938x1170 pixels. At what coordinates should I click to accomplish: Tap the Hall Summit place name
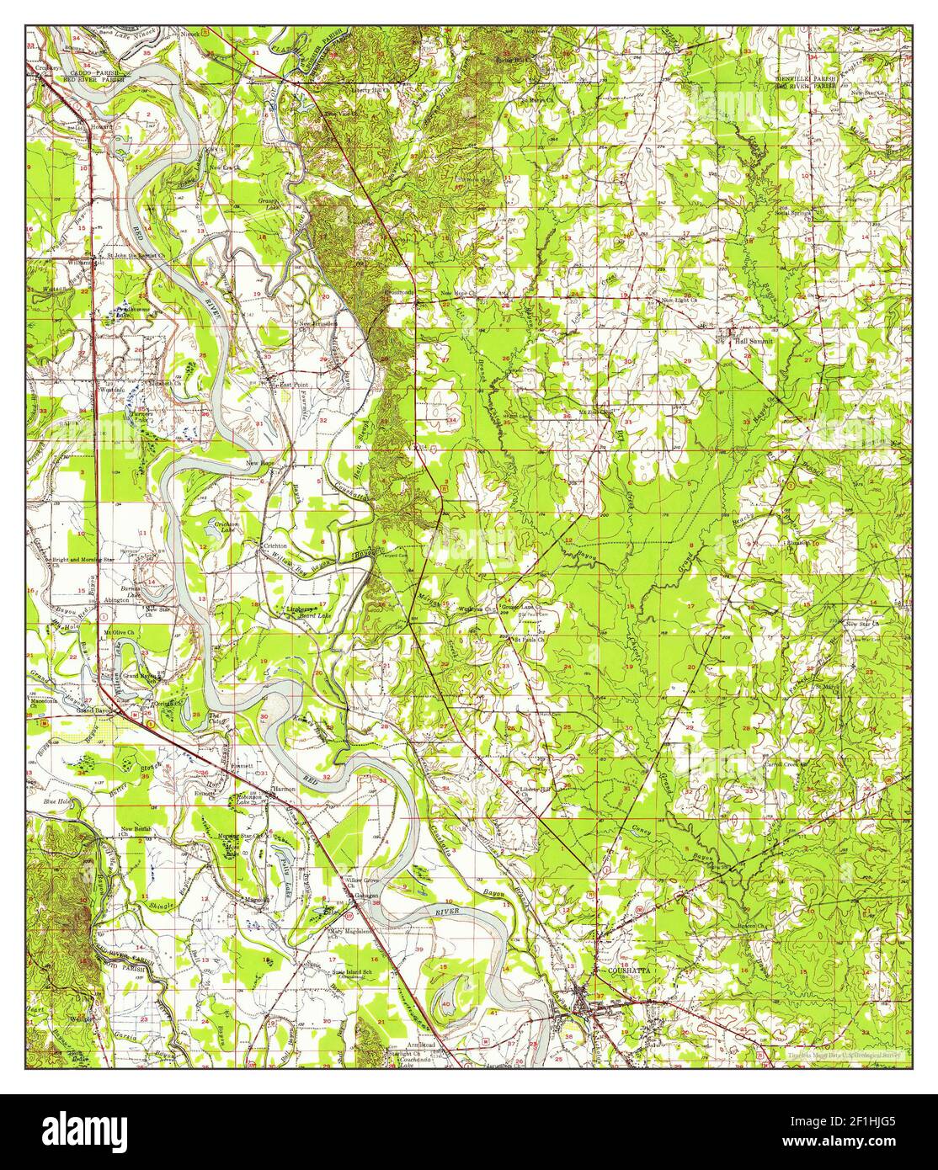point(753,342)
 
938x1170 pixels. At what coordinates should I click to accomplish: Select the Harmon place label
point(281,790)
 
